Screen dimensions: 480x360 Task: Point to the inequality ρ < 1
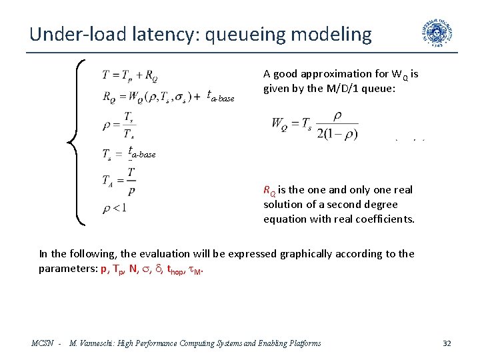pos(115,209)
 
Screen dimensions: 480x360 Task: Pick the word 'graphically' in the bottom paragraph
pos(324,253)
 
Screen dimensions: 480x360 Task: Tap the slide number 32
pos(447,343)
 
